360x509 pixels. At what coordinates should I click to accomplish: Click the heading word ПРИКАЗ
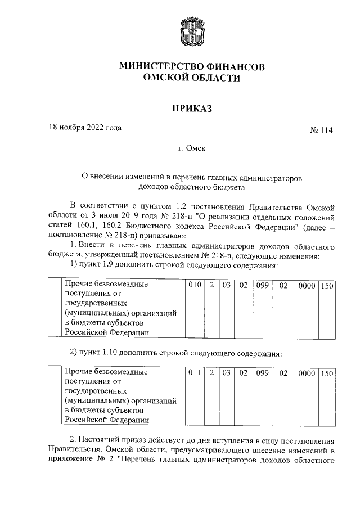(x=192, y=109)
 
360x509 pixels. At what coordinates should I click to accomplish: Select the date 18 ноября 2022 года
(x=85, y=127)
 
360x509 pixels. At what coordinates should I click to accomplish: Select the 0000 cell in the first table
(x=307, y=286)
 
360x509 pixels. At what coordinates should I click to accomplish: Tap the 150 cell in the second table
(x=327, y=372)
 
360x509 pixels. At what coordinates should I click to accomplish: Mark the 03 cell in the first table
(x=227, y=286)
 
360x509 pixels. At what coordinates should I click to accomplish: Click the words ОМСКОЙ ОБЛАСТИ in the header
(x=192, y=79)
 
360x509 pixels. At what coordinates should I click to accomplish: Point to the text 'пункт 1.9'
(x=93, y=265)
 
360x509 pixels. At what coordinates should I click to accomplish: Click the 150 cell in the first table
(x=327, y=286)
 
